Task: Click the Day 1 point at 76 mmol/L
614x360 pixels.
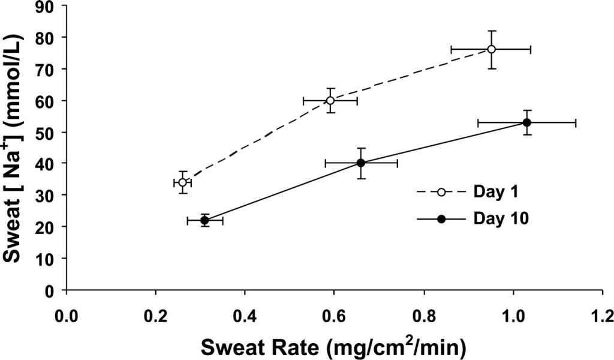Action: click(x=491, y=49)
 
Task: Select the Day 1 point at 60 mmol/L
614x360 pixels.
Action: click(x=330, y=100)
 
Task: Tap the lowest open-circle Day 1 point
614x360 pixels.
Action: click(x=182, y=182)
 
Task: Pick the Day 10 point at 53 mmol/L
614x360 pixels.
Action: click(x=527, y=122)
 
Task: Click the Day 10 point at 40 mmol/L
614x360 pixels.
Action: click(x=361, y=163)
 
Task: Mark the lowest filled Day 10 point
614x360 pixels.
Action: click(x=204, y=220)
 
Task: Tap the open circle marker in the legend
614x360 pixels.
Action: click(x=441, y=192)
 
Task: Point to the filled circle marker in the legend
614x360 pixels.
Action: click(x=441, y=219)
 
